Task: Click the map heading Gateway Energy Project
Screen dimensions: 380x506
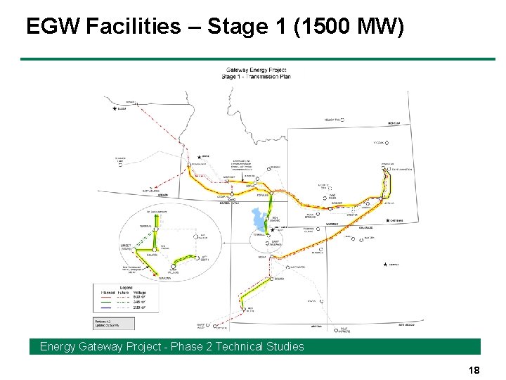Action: coord(256,70)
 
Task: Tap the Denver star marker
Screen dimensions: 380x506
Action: coord(386,265)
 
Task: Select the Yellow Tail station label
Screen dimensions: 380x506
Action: coord(332,120)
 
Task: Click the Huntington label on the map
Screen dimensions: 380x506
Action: coord(297,267)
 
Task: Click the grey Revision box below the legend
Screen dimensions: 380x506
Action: coord(108,324)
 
